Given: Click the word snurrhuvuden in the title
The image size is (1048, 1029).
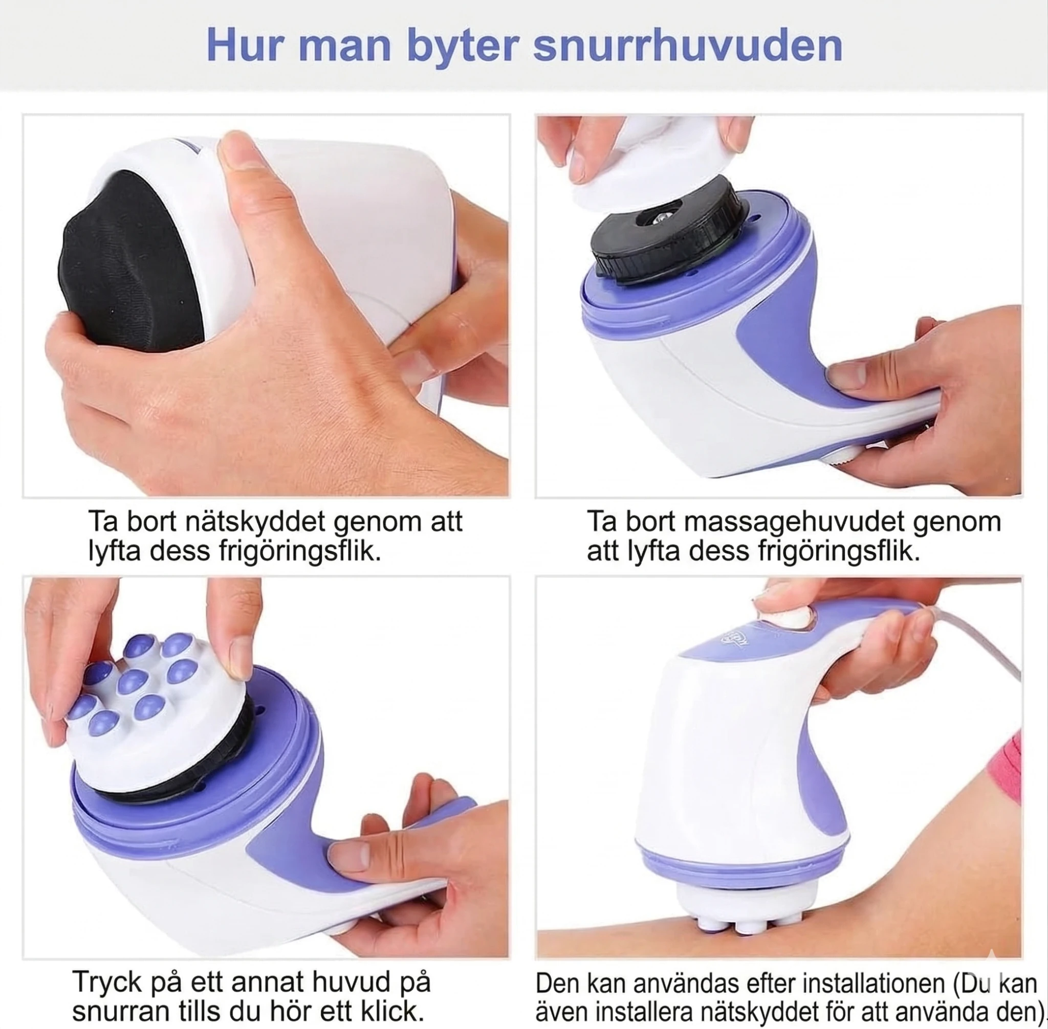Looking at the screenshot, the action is point(687,46).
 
